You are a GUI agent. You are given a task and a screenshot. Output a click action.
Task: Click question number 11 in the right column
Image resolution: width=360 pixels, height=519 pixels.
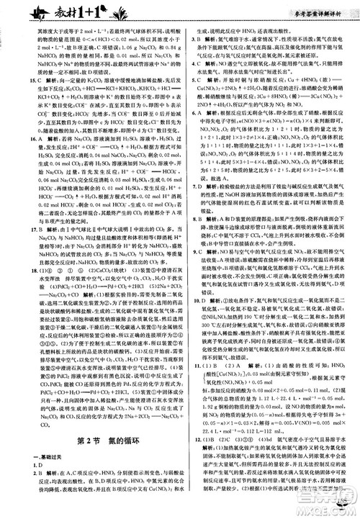(189, 407)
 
